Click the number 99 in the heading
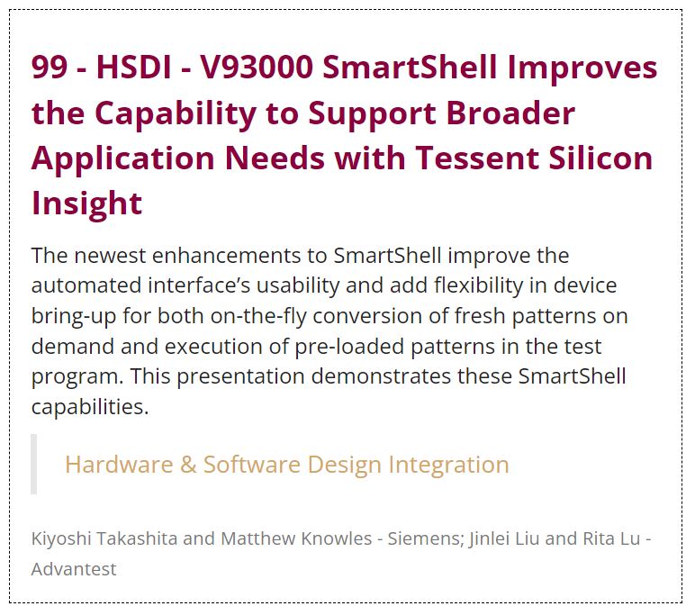50,67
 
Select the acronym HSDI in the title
134,67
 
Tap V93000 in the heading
257,67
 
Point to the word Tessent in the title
476,158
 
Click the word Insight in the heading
86,203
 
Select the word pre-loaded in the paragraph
349,347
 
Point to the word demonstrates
381,376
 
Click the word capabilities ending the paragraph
90,407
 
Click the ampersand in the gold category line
188,465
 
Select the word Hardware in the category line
119,465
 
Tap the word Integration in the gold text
448,466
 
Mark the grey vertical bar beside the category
33,464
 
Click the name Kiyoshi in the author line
61,538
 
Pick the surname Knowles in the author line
337,538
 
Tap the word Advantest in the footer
74,569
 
